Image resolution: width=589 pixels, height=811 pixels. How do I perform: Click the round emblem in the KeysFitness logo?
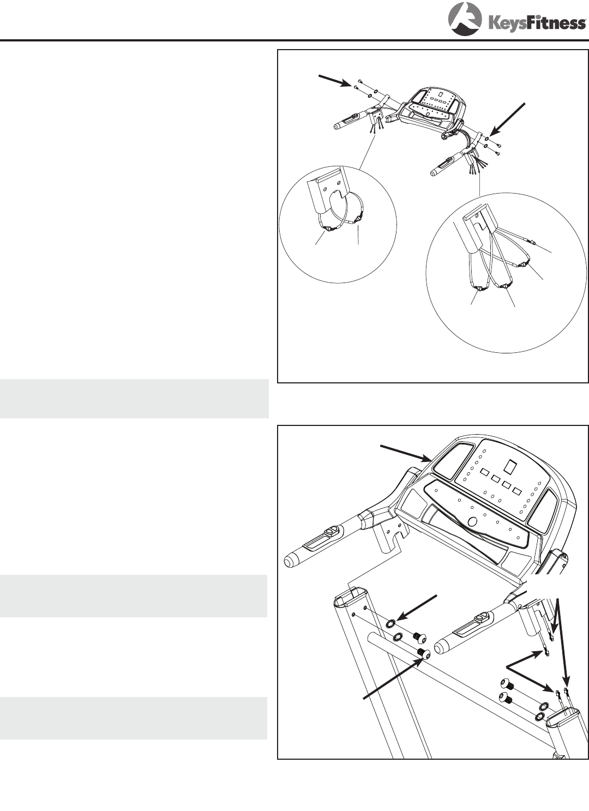465,19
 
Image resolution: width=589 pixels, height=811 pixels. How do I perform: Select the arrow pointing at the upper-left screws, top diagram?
334,81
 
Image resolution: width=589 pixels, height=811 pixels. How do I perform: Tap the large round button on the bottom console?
472,521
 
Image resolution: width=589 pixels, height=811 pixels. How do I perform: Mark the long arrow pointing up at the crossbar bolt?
393,679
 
